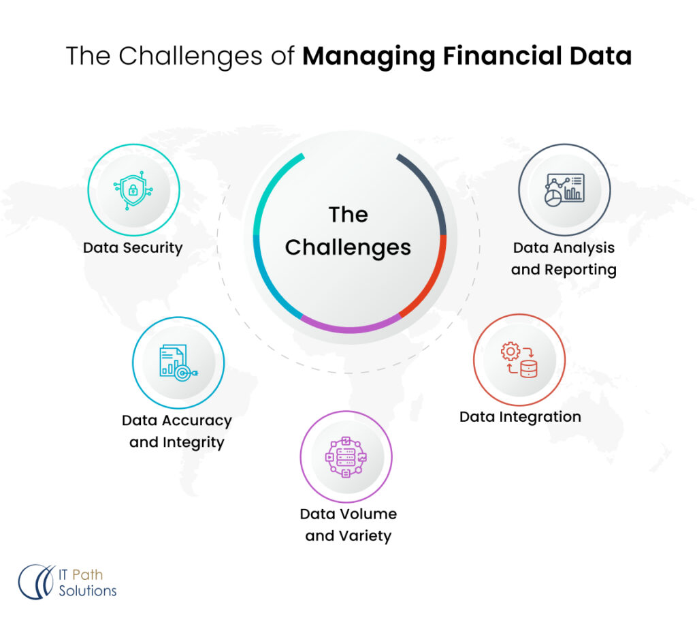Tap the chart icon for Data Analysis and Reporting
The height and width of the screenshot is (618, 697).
(564, 189)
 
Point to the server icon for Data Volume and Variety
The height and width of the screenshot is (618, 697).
(346, 456)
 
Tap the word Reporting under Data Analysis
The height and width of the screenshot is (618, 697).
(583, 270)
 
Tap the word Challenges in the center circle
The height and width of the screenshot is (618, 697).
(348, 247)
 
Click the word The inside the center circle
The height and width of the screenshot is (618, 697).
(348, 215)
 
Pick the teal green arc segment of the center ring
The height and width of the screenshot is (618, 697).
(269, 191)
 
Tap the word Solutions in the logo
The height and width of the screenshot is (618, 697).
(88, 591)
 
